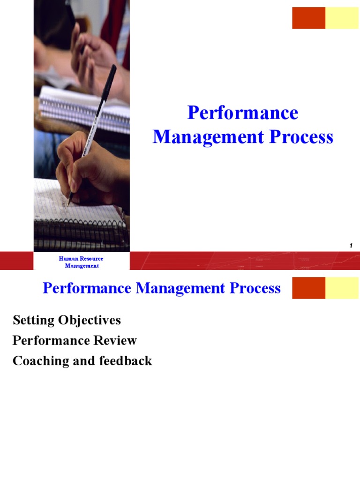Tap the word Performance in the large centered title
point(243,113)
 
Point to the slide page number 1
point(351,246)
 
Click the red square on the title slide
point(308,18)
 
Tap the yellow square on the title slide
point(342,18)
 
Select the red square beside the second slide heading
point(308,288)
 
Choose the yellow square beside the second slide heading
point(342,288)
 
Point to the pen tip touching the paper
point(69,204)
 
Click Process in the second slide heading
point(255,288)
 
